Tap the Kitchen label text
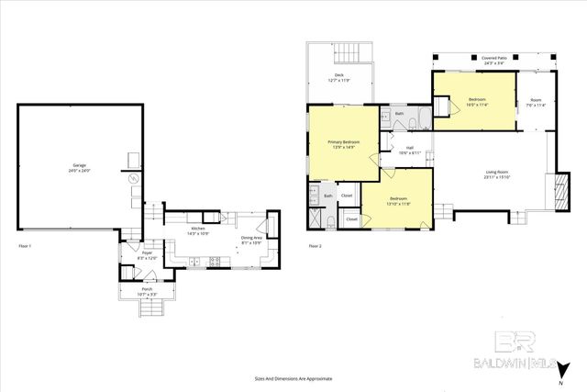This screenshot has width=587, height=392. (197, 230)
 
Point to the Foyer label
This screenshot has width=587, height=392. (147, 254)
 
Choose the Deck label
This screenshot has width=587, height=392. (338, 76)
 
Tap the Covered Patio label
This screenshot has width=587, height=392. (496, 59)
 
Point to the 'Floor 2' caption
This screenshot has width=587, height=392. (315, 247)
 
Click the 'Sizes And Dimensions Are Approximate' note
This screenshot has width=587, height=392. (293, 378)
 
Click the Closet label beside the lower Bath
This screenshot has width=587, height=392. (347, 196)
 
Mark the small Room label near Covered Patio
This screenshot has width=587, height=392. (537, 102)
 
